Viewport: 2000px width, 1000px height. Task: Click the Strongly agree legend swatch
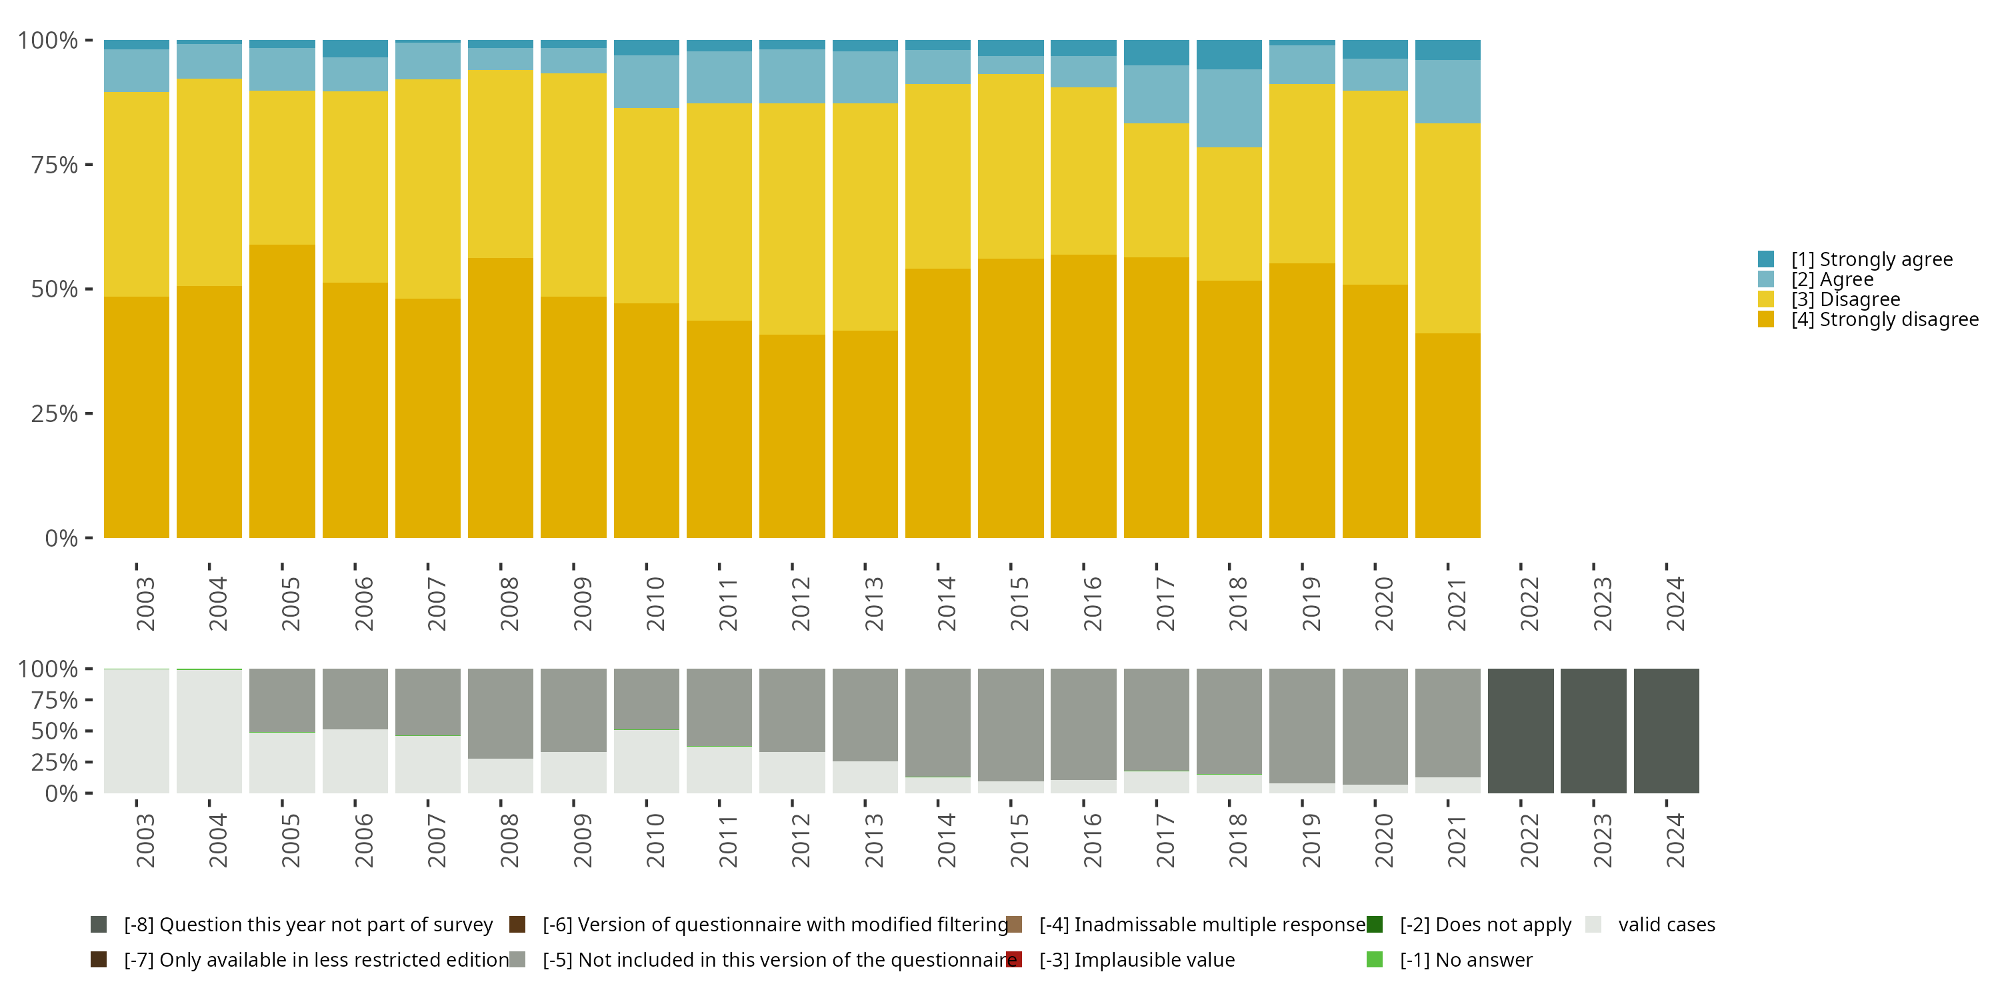(1765, 259)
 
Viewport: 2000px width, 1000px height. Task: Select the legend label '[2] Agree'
(1832, 279)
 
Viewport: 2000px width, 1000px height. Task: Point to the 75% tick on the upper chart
(55, 165)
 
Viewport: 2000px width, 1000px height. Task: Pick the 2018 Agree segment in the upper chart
(1229, 109)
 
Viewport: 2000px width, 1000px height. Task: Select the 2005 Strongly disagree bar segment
(282, 391)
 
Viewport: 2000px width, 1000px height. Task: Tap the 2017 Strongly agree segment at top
(1156, 53)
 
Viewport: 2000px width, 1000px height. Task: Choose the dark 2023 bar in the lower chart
(1593, 731)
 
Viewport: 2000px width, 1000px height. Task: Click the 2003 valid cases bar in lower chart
(137, 731)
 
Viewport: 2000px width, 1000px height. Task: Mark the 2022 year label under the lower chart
(1529, 841)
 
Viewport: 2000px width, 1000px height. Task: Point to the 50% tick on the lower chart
(55, 731)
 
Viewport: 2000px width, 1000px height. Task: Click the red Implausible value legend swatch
(1014, 959)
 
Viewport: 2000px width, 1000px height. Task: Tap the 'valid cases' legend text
(1666, 925)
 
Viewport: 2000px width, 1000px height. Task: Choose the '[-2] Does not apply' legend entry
(1485, 925)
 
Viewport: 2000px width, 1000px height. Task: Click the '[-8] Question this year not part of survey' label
(308, 925)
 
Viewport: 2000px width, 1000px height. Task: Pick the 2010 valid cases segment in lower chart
(646, 761)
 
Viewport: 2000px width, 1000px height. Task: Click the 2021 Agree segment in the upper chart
(1447, 91)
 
